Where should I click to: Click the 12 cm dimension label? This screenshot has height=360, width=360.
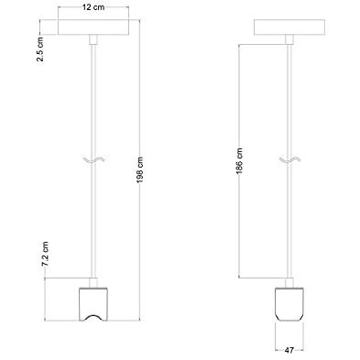tap(93, 7)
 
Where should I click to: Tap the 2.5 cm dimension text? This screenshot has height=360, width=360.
tap(40, 49)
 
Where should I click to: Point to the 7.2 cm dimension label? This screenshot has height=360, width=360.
tap(45, 254)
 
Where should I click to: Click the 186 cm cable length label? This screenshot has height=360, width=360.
tap(239, 161)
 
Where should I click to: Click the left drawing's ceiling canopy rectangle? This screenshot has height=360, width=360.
tap(93, 27)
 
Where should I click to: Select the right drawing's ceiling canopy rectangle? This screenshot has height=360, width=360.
tap(289, 27)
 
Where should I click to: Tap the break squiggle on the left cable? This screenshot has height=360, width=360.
tap(93, 159)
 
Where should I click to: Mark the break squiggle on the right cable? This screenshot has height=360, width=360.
tap(289, 159)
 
